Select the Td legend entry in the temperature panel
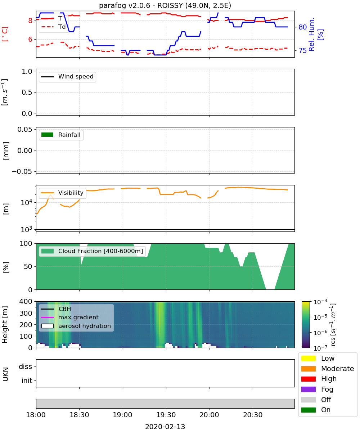54,27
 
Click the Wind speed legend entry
67,77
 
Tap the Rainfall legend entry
61,135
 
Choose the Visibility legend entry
62,193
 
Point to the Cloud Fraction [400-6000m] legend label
100,251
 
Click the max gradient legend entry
70,317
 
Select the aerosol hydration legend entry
76,326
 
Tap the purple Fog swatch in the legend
308,389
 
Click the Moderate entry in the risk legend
328,369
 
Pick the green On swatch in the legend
308,410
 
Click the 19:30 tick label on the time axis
166,415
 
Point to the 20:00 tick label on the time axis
209,415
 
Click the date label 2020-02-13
165,427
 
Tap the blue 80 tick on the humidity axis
302,27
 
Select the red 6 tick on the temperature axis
30,39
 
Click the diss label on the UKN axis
26,366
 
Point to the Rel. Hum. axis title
311,34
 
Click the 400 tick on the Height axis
26,301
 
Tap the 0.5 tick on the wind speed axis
27,92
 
